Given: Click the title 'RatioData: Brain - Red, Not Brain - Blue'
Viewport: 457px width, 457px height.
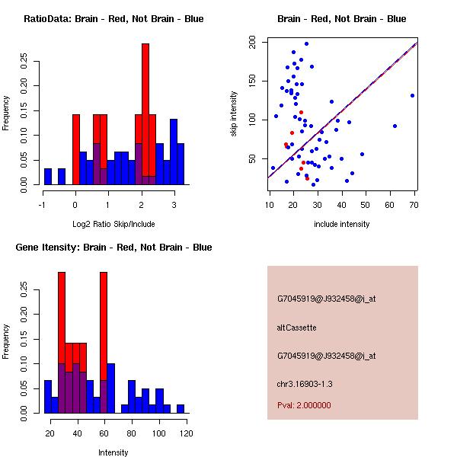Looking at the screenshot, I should click(x=113, y=19).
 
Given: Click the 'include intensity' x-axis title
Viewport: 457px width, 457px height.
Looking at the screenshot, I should click(x=342, y=224).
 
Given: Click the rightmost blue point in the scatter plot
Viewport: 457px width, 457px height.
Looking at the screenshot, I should click(x=412, y=95).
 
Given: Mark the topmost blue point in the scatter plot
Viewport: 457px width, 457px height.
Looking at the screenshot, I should click(x=306, y=43).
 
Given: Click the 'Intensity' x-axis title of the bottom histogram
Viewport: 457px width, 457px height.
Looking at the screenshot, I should click(x=113, y=452).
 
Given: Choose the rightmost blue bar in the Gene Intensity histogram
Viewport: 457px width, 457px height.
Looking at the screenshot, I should click(x=181, y=408).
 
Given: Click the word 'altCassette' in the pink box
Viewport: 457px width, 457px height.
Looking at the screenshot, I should click(x=296, y=328).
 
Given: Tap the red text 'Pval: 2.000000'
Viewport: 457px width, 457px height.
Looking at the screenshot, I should click(x=304, y=405).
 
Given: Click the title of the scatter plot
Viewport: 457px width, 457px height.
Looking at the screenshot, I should click(x=342, y=19).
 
